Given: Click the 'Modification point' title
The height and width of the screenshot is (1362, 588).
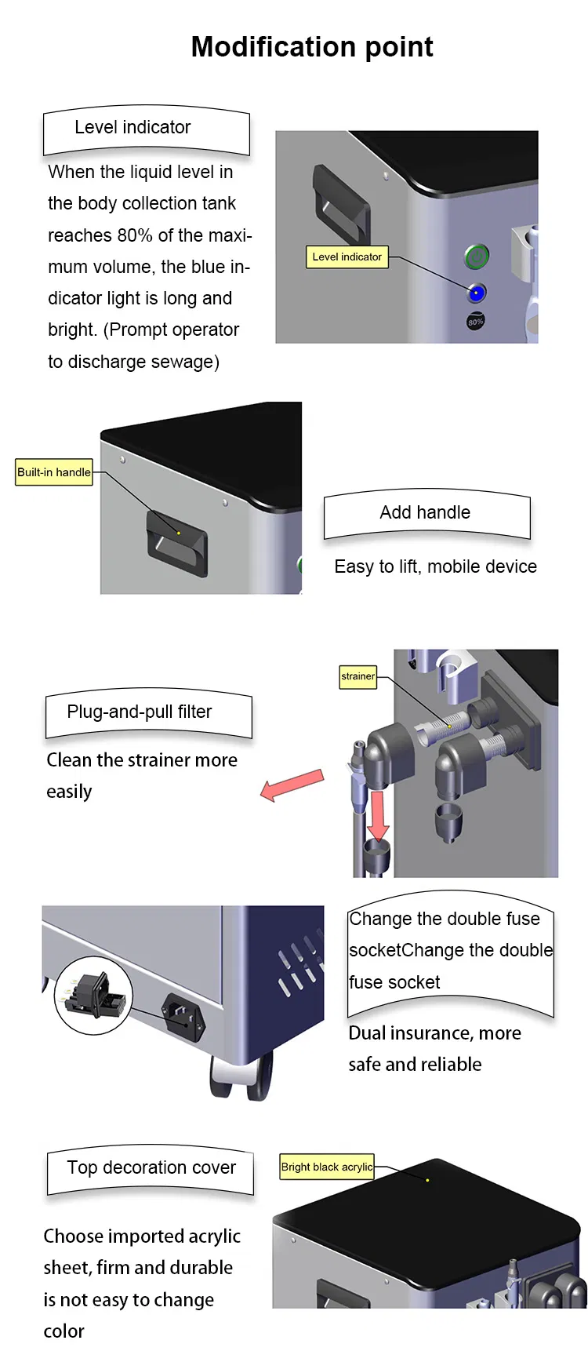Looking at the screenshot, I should click(x=311, y=47).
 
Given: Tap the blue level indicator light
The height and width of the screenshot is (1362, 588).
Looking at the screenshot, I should click(x=476, y=293).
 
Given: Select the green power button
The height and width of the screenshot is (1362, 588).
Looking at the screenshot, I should click(x=477, y=257).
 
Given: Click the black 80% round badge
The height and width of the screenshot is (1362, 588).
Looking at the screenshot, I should click(x=475, y=321).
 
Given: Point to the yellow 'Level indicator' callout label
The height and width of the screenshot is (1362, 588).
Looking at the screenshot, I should click(x=347, y=257).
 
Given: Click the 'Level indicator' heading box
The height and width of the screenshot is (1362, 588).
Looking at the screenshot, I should click(x=146, y=129).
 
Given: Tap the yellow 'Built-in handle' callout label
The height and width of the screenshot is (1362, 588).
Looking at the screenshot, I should click(x=54, y=472).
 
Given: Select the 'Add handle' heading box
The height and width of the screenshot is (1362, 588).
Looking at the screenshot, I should click(x=426, y=514).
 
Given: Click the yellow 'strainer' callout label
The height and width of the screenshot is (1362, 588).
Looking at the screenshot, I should click(x=358, y=676).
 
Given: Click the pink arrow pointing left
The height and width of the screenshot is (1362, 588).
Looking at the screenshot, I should click(x=291, y=785).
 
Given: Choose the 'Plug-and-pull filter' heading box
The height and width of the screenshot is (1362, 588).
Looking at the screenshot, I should click(x=148, y=713).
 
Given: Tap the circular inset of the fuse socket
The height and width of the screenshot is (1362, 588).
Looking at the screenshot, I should click(x=93, y=994).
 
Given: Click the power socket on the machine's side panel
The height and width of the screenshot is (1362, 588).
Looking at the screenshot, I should click(x=183, y=1017).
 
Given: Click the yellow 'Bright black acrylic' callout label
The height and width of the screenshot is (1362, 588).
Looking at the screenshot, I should click(x=327, y=1167).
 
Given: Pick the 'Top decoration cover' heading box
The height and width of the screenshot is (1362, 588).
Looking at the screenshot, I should click(x=151, y=1169).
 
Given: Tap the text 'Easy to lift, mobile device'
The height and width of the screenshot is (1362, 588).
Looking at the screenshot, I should click(x=435, y=566).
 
